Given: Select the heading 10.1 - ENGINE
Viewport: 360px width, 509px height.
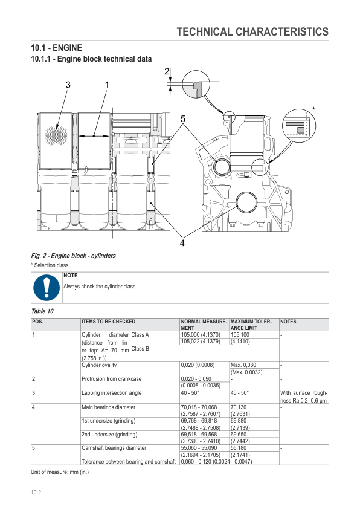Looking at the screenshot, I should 56,48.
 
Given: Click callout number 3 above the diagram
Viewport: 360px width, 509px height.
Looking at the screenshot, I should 68,84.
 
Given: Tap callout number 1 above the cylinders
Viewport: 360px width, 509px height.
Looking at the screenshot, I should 106,84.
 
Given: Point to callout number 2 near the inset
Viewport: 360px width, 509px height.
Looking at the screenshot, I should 166,72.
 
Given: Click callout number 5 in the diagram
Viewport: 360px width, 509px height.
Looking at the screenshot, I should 182,118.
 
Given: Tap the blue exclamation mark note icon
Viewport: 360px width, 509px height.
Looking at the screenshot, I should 47,288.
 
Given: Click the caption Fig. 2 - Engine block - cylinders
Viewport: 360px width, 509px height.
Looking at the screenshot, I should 73,256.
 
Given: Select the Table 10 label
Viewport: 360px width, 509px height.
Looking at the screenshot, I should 42,311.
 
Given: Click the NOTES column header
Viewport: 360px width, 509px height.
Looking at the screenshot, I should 289,322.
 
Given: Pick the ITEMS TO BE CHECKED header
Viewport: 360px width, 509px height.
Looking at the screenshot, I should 108,322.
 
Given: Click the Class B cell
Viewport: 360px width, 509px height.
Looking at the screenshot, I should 140,348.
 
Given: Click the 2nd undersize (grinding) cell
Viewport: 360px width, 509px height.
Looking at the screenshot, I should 109,434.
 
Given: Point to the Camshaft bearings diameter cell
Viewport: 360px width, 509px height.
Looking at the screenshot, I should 114,448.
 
